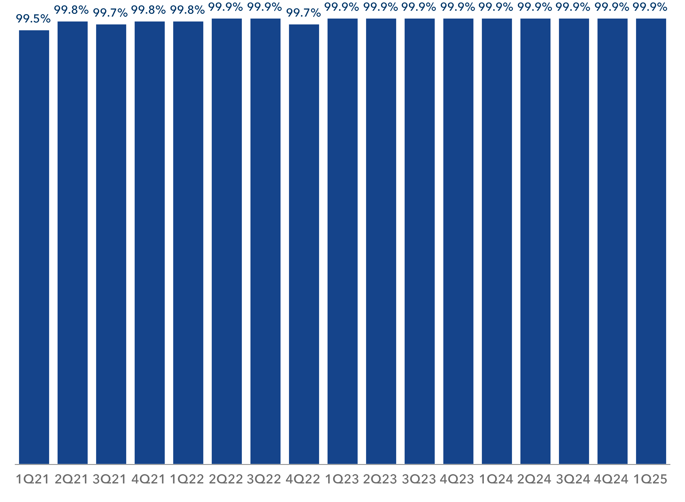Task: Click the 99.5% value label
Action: click(33, 19)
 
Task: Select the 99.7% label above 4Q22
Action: click(303, 13)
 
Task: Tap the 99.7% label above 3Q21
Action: click(110, 13)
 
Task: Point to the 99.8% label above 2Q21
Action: click(71, 10)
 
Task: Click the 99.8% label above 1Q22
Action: click(187, 10)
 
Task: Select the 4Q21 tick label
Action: click(148, 479)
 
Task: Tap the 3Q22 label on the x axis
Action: click(264, 479)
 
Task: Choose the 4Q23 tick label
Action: click(457, 479)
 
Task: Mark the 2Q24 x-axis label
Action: click(534, 479)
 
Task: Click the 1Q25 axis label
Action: click(650, 479)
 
